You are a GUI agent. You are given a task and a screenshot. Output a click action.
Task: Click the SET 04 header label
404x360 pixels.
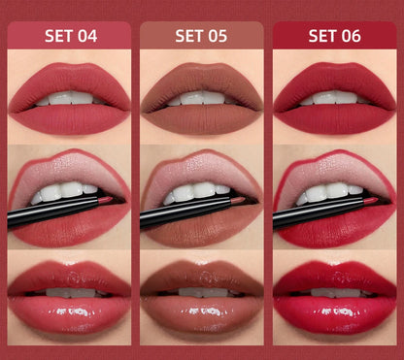tap(71, 37)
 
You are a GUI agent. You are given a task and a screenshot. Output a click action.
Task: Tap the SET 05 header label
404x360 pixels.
tap(202, 37)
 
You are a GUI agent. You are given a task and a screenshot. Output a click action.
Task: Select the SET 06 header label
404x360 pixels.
tap(334, 37)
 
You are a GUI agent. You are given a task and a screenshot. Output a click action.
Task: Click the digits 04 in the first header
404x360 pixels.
tap(87, 37)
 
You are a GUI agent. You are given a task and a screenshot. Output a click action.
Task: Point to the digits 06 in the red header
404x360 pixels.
tap(350, 37)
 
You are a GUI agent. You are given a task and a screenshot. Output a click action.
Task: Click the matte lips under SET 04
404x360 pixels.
tap(69, 116)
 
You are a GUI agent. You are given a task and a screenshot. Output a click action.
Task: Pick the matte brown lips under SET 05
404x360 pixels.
tap(201, 116)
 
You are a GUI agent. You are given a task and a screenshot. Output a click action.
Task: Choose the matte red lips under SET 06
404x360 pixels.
tap(334, 116)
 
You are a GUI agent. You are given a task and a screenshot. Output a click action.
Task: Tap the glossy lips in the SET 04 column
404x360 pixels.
tap(69, 305)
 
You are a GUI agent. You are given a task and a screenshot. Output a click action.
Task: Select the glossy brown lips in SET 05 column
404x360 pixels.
tap(201, 305)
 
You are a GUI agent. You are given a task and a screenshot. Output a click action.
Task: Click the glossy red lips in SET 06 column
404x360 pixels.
tap(334, 305)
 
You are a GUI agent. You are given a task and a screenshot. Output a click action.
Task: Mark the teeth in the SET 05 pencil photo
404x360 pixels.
tap(198, 191)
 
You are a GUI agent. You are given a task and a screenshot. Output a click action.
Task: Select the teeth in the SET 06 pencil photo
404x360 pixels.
tap(330, 191)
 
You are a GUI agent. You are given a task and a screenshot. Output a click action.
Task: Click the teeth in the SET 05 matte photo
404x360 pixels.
tap(201, 98)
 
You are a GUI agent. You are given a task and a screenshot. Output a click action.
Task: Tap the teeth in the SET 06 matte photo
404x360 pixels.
tap(334, 98)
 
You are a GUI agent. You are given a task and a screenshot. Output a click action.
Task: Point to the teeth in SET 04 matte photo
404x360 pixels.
tap(69, 98)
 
